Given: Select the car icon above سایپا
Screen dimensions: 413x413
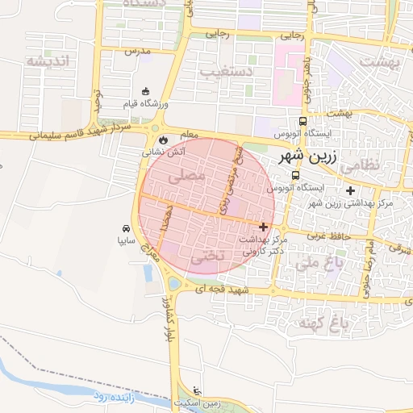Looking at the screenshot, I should (126, 228).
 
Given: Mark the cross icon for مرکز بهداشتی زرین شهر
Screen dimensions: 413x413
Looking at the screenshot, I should (349, 191).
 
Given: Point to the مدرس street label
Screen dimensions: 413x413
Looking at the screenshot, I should (138, 51).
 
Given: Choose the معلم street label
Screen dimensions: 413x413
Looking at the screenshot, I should (189, 132).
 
